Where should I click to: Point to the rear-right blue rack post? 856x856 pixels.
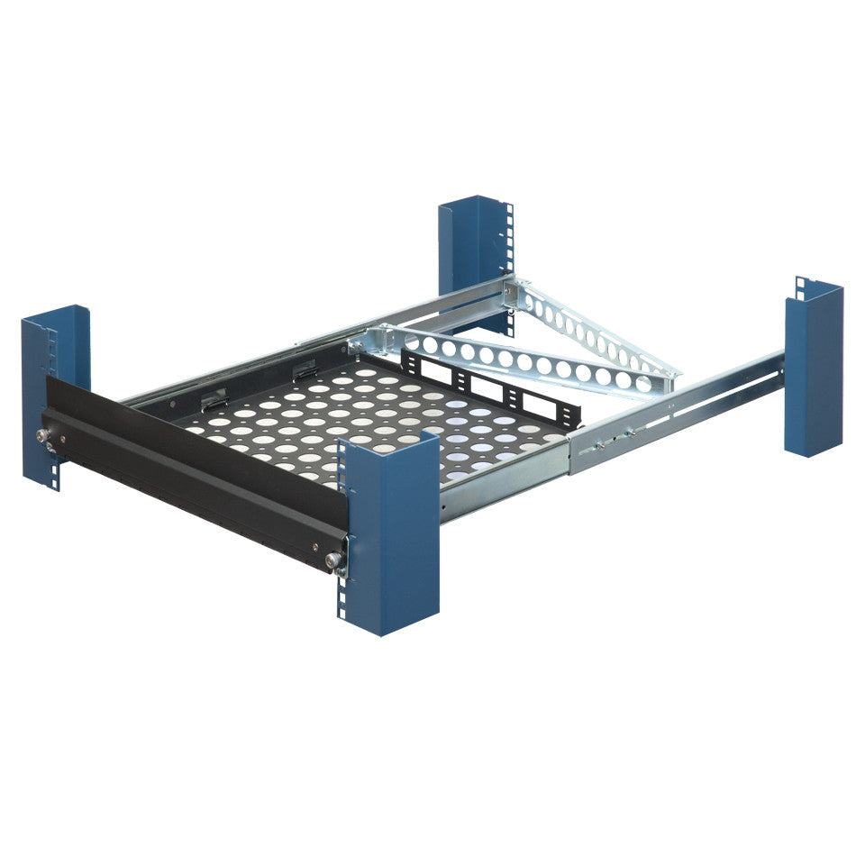pyautogui.click(x=813, y=369)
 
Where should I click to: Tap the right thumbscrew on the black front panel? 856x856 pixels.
pyautogui.click(x=334, y=561)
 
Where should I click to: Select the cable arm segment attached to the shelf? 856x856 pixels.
pyautogui.click(x=523, y=360)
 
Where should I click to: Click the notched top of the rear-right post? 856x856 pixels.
pyautogui.click(x=815, y=287)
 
